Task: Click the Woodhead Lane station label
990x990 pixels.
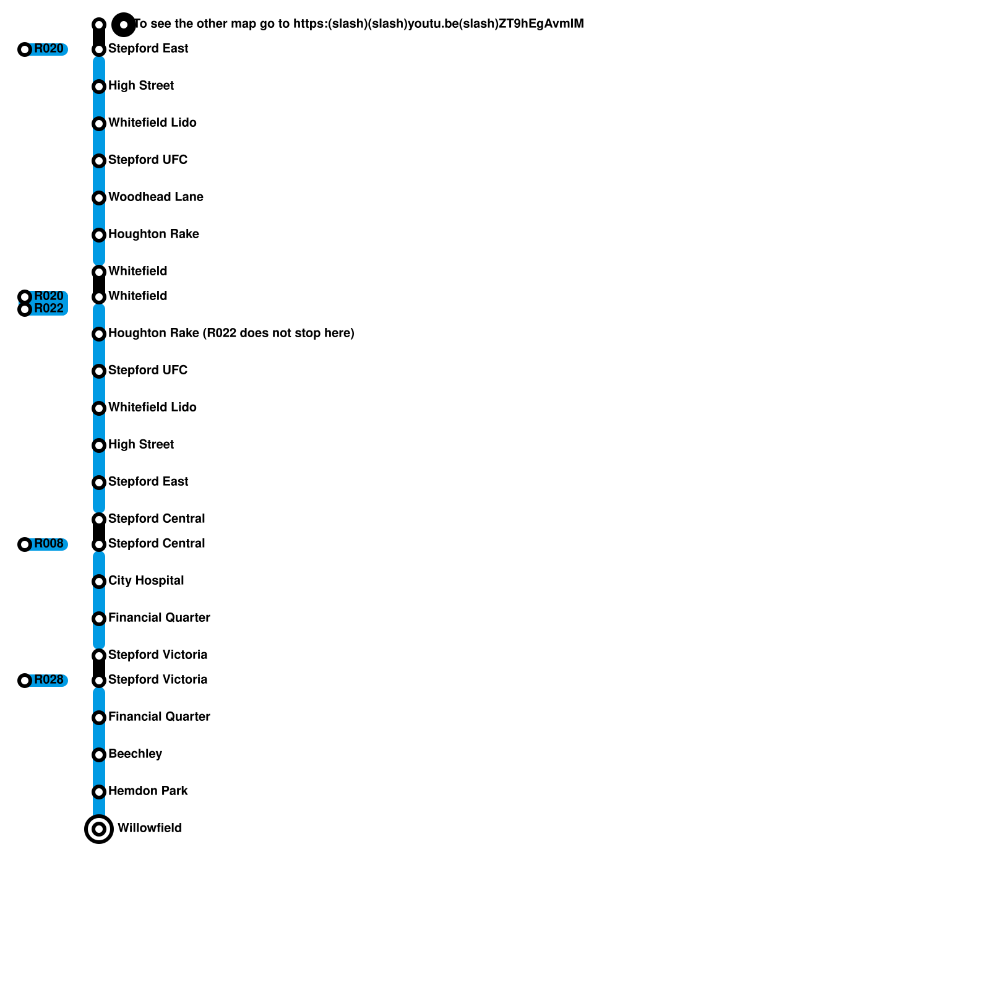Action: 155,197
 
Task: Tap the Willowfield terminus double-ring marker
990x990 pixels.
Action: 99,829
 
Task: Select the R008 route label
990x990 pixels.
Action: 49,544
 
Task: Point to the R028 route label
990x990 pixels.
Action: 49,680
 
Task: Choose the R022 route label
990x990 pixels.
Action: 49,309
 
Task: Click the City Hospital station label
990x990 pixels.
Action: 146,581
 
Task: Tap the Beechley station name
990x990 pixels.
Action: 135,754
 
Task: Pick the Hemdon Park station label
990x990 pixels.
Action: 148,791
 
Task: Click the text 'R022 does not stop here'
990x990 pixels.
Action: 278,334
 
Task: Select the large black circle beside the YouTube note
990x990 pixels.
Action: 124,25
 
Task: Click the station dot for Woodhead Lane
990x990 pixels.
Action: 99,198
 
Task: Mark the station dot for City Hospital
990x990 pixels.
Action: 99,582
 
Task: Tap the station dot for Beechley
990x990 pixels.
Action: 99,755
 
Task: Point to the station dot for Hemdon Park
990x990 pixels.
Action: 99,792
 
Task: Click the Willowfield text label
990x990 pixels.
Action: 149,829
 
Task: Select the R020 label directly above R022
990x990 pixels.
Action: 49,296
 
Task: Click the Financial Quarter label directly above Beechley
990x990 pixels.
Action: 159,717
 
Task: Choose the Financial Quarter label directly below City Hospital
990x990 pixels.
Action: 159,618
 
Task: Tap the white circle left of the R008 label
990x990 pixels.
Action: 25,544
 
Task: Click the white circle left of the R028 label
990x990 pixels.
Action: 25,681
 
